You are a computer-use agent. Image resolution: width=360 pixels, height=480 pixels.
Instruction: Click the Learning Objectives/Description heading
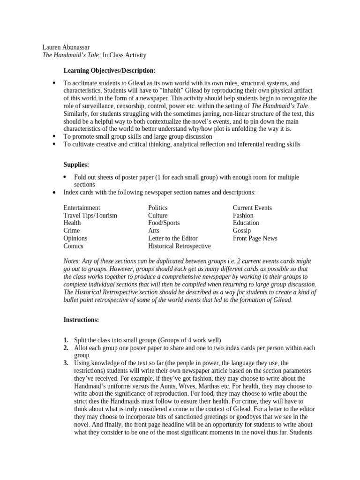[109, 71]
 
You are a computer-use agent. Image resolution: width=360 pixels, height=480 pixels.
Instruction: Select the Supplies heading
[76, 165]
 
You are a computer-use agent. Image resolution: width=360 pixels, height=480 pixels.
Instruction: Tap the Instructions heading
[81, 320]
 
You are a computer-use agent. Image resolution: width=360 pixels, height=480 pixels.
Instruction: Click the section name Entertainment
[82, 208]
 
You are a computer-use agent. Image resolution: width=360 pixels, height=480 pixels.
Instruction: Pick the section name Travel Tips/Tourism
[90, 216]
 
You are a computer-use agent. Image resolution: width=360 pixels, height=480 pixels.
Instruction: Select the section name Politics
[157, 208]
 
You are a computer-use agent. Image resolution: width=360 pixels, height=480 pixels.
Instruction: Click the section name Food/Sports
[164, 223]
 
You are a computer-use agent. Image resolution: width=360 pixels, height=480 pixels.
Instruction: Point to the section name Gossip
[242, 231]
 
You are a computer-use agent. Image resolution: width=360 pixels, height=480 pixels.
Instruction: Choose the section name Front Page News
[255, 238]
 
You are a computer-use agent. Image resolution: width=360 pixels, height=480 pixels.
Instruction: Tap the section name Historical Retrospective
[179, 246]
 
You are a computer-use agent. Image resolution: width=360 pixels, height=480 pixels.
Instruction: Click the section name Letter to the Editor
[172, 238]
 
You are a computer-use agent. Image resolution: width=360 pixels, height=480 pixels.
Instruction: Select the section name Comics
[73, 246]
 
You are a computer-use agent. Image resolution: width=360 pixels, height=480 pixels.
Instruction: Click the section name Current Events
[252, 208]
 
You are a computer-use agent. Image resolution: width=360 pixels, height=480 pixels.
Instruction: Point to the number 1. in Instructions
[66, 340]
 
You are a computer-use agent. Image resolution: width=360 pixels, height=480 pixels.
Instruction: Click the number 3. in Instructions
[66, 363]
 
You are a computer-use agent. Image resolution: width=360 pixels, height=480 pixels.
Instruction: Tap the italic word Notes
[72, 261]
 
